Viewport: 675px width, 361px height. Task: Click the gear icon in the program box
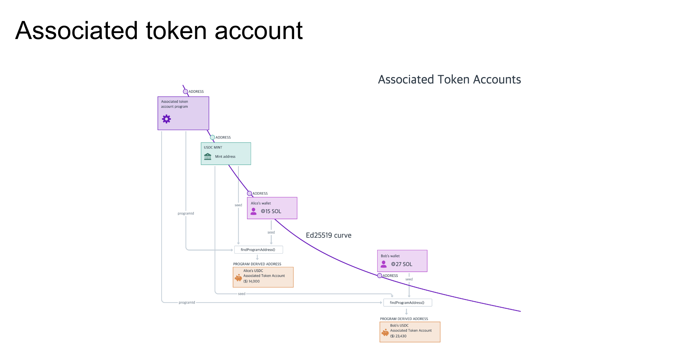(x=166, y=119)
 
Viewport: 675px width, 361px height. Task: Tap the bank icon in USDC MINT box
(x=208, y=156)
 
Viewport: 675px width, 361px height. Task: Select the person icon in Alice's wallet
(x=254, y=211)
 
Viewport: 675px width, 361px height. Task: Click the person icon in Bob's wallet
(x=384, y=264)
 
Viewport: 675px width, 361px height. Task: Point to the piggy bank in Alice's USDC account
(x=238, y=278)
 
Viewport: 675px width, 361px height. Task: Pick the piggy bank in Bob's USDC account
(x=385, y=332)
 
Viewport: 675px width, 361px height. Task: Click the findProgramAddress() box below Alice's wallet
(x=258, y=250)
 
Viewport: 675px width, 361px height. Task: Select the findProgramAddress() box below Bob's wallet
(x=408, y=303)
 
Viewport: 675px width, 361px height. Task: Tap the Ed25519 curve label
(x=328, y=235)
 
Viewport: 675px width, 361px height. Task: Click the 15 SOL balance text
(x=271, y=211)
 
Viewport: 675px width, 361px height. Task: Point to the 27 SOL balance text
(x=402, y=264)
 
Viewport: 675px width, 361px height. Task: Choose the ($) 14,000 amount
(x=251, y=281)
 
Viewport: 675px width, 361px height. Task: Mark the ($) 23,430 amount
(x=398, y=336)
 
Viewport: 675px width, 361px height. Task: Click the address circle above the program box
(x=185, y=91)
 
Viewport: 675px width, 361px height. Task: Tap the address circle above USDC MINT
(x=212, y=137)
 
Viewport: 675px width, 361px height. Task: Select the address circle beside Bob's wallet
(x=380, y=276)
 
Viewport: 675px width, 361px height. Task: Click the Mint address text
(x=225, y=156)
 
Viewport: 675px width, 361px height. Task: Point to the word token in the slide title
(x=176, y=30)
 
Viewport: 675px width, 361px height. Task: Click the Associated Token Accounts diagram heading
(x=449, y=79)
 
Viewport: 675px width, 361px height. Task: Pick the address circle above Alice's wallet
(x=249, y=193)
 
